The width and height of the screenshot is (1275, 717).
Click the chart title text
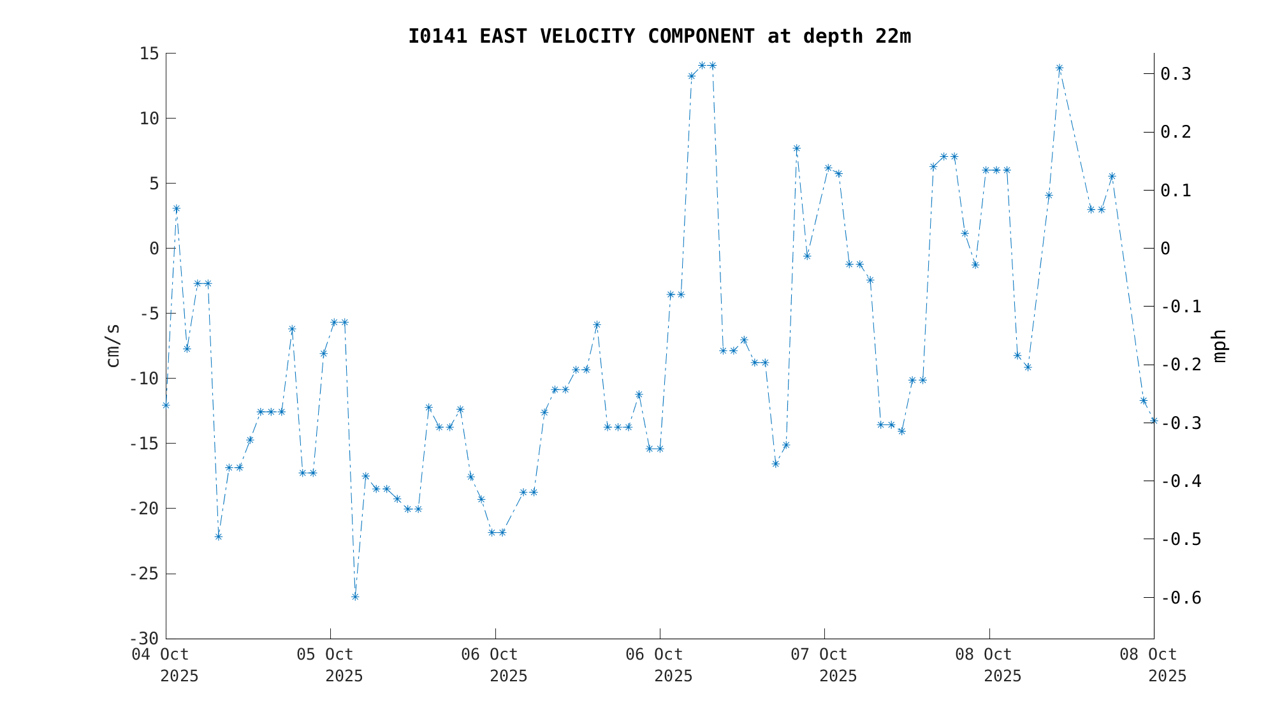pos(659,36)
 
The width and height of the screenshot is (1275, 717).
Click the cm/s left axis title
pos(113,345)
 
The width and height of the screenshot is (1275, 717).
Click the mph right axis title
pos(1219,345)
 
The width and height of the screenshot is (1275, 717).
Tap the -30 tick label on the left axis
pos(144,639)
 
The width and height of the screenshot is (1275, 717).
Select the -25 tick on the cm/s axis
pos(144,574)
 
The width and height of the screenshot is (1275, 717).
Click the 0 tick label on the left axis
pos(154,249)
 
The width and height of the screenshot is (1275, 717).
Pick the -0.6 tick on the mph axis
pos(1181,598)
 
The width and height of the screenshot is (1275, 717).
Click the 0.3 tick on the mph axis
pos(1176,75)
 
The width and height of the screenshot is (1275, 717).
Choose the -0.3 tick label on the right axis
pos(1181,423)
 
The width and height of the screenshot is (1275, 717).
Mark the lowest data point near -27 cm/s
pos(355,597)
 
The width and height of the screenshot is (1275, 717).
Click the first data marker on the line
pos(166,405)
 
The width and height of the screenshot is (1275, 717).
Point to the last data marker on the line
pos(1153,421)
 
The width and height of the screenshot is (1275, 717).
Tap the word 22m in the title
pos(892,36)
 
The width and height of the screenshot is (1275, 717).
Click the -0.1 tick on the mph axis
pos(1181,307)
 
